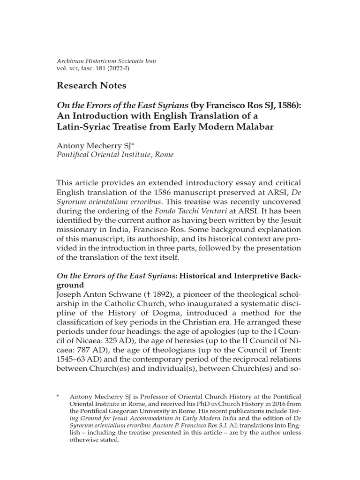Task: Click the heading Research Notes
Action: click(x=91, y=85)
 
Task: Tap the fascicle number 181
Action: click(x=99, y=68)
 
